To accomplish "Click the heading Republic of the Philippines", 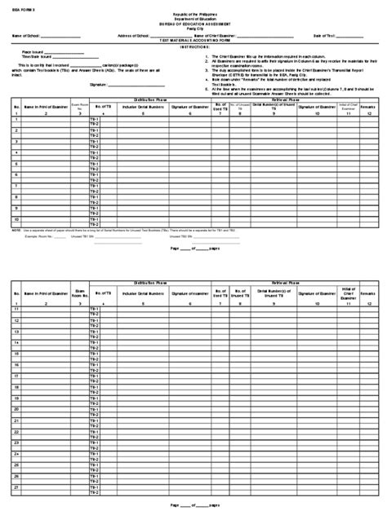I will [193, 15].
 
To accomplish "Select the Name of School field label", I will [27, 37].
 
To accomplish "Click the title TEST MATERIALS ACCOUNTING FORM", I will [193, 41].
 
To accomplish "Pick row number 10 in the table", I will [16, 219].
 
